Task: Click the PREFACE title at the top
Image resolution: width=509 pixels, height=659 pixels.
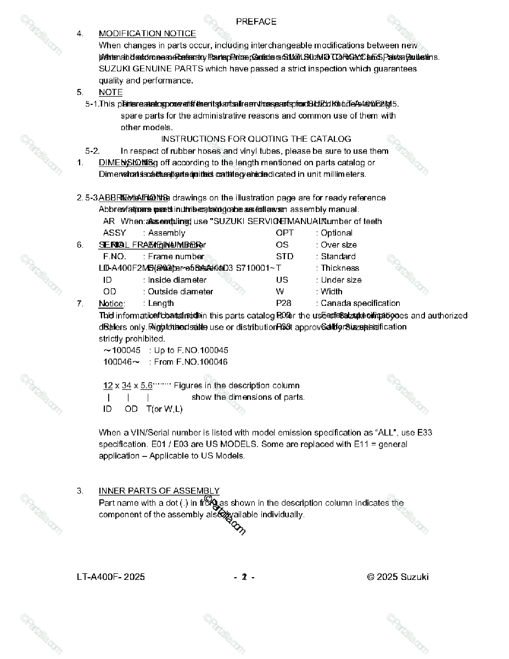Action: coord(256,22)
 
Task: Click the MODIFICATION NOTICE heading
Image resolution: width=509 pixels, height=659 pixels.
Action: coord(147,33)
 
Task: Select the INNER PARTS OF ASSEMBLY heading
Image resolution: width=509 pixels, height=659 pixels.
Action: coord(159,491)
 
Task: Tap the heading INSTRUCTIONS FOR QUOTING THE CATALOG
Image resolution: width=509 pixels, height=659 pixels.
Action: coord(256,139)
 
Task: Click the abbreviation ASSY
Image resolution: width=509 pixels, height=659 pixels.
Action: coord(114,233)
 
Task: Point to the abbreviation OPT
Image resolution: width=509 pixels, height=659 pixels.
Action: coord(284,233)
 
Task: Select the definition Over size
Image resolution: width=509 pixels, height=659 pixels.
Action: coord(338,245)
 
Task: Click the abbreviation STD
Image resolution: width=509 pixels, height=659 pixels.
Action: coord(284,256)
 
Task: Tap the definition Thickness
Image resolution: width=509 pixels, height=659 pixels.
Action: coord(339,268)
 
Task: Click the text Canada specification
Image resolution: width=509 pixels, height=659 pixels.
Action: coord(360,303)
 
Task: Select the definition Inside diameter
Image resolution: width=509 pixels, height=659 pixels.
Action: coord(177,280)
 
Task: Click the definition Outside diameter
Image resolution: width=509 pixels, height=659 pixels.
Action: coord(180,292)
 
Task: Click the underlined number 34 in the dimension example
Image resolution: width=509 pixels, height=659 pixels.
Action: coord(126,386)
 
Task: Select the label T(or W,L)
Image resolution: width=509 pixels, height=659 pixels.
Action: coord(164,409)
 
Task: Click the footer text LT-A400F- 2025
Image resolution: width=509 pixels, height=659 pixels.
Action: coord(111,577)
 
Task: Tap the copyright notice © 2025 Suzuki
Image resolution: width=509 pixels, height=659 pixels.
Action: coord(398,577)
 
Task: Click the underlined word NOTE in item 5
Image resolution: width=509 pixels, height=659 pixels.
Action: coord(110,92)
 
